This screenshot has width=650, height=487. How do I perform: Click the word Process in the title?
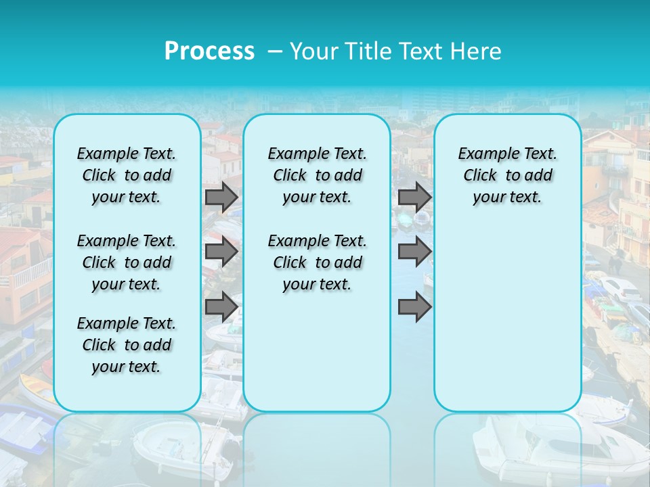tap(209, 51)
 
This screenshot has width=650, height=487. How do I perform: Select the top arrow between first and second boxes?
tap(221, 198)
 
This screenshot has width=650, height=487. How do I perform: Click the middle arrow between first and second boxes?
tap(221, 252)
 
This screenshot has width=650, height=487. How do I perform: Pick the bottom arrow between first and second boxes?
tap(221, 307)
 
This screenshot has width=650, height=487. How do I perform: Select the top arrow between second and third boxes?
tap(414, 198)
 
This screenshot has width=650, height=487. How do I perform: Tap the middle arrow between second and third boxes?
tap(414, 252)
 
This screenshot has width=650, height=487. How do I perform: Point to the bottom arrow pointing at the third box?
tap(414, 307)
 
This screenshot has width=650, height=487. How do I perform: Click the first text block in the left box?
tap(127, 175)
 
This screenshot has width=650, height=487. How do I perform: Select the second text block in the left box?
tap(127, 262)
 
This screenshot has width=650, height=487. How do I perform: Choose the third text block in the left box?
tap(127, 345)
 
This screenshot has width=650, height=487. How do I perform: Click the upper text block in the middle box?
tap(317, 175)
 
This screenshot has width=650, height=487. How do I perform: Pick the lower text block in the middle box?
tap(317, 262)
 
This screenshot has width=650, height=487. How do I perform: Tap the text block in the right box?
tap(508, 175)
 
